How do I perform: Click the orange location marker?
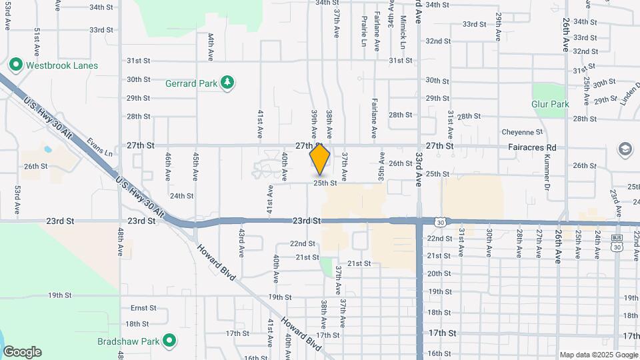coord(320,159)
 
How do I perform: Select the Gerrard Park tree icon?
coord(228,83)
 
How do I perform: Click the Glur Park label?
coord(550,104)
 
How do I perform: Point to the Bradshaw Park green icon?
coord(169,341)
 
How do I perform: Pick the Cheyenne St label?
coord(523,132)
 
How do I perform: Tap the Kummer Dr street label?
coord(546,171)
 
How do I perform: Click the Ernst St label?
coord(143,308)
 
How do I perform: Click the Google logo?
coord(21,352)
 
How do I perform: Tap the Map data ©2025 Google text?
coord(597,355)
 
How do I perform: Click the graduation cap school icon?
coord(625,147)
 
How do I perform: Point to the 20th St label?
coord(439,273)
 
